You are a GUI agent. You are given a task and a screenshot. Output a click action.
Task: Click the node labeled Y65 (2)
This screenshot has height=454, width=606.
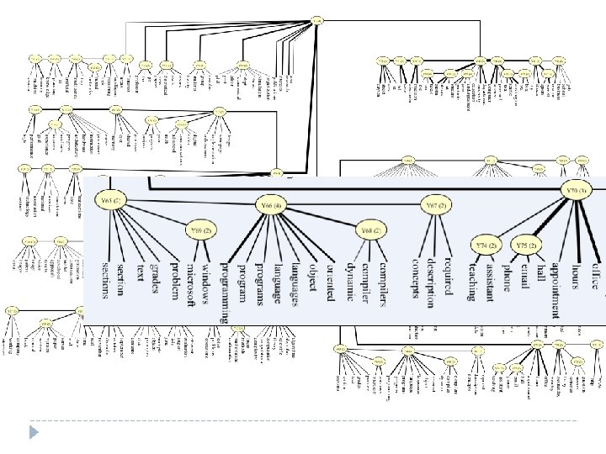point(111,201)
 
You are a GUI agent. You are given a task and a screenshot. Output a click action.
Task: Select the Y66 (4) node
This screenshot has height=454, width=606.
point(271,204)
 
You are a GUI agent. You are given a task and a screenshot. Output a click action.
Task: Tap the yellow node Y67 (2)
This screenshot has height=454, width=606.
point(435,204)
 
